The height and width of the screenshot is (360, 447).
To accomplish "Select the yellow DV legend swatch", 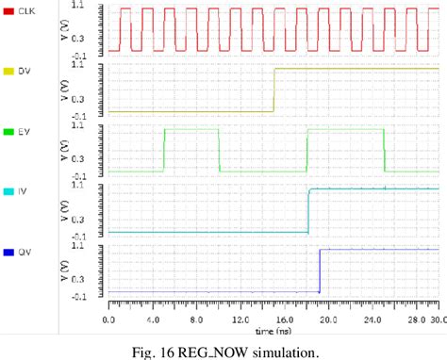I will click(x=9, y=71).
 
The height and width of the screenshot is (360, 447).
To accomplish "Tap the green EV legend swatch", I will click(x=9, y=132).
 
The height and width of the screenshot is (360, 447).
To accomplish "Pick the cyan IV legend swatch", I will click(x=9, y=192).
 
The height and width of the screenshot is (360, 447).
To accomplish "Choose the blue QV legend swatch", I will click(x=9, y=253).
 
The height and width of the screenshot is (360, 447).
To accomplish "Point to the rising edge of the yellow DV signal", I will click(x=273, y=90).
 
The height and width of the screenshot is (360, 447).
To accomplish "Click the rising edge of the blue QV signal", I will click(x=319, y=270).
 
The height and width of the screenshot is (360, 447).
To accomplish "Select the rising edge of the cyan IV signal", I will click(x=308, y=210).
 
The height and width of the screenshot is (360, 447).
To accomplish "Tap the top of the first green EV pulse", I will click(x=191, y=128).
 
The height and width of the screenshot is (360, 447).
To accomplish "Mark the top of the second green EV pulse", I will click(x=345, y=128).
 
